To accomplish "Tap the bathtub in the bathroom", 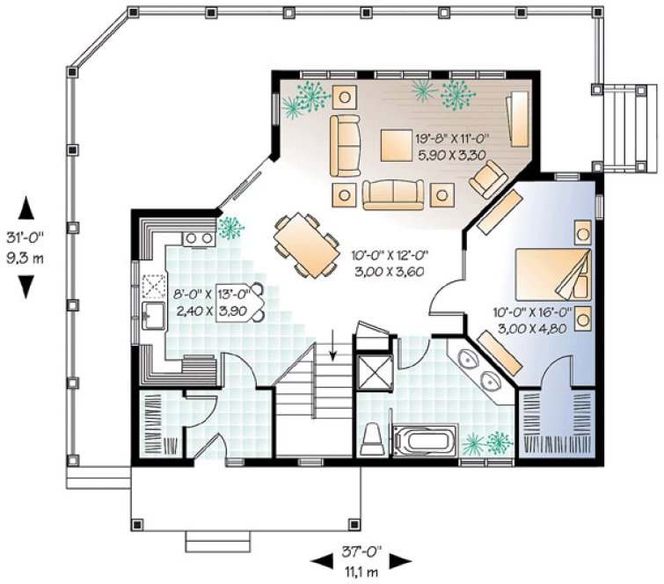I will point(425,439).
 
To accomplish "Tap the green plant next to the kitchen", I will point(231,228).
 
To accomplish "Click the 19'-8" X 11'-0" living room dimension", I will point(450,138).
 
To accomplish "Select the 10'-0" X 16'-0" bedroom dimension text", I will point(532,311).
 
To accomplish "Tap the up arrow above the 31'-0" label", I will point(27,208).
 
